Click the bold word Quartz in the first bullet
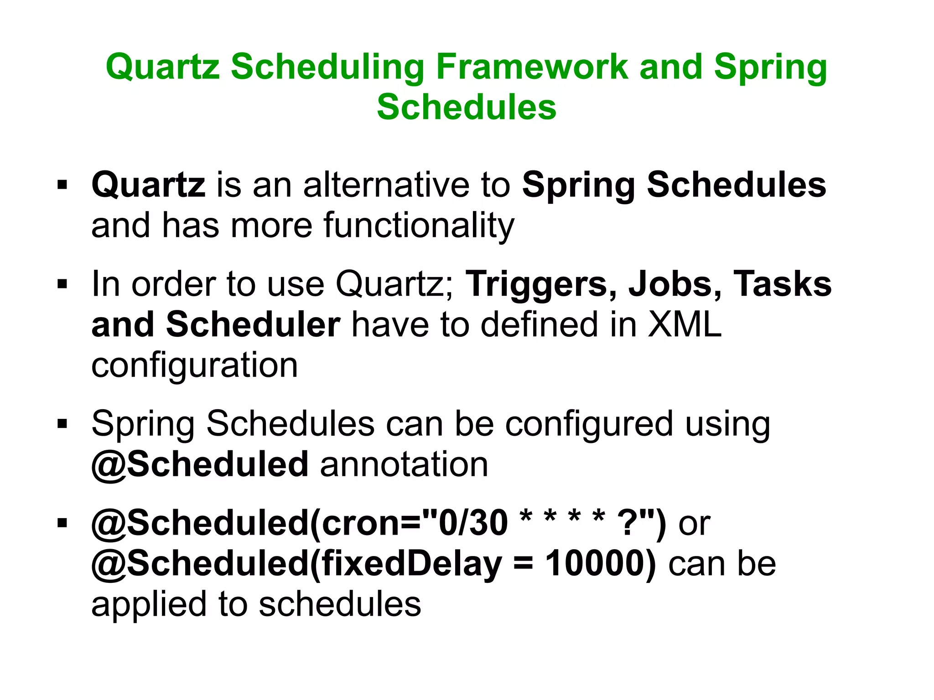(148, 185)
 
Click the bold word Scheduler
(253, 324)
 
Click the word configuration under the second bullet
(195, 365)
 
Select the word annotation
(404, 464)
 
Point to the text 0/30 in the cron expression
(472, 523)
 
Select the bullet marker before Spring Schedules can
(62, 424)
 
